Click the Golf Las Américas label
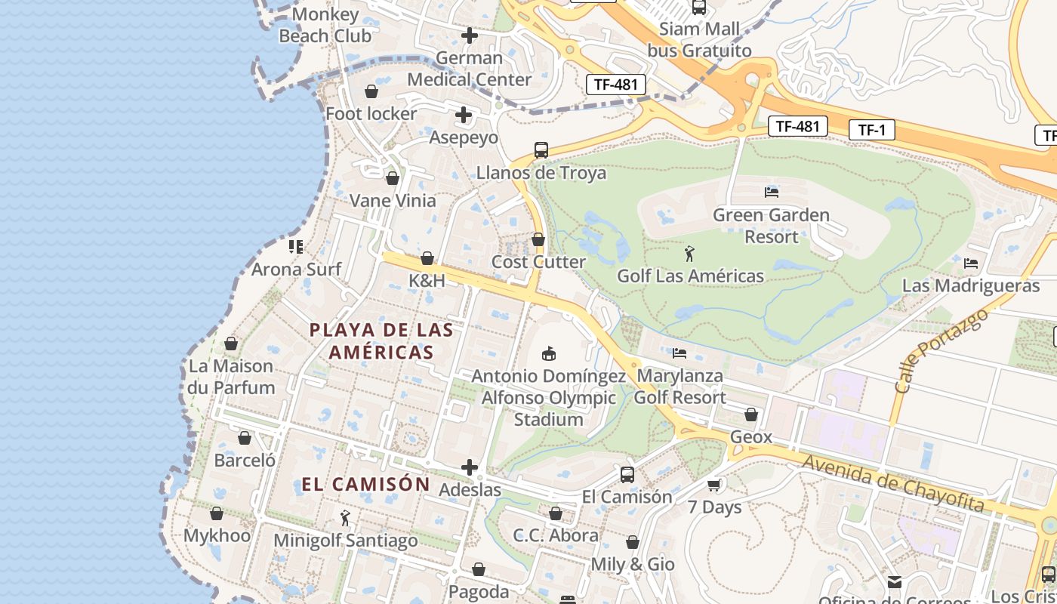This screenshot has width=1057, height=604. [690, 276]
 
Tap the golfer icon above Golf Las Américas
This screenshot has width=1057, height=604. [689, 254]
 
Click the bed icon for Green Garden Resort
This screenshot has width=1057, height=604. [771, 193]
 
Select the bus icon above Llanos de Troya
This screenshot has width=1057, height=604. [541, 150]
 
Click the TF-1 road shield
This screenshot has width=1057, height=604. [871, 130]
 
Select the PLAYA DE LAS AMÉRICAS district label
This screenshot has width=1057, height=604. [382, 341]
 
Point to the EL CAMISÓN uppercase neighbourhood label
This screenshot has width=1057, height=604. [365, 485]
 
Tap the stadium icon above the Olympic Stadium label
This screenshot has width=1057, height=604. [549, 353]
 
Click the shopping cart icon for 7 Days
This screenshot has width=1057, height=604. [713, 485]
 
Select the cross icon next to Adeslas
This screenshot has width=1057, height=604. [469, 467]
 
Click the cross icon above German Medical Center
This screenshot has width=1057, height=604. [469, 35]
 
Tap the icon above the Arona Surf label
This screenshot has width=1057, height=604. [296, 246]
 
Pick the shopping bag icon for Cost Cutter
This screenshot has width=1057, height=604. [538, 240]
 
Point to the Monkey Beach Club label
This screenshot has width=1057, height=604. [325, 25]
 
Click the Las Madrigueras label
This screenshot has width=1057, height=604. [971, 286]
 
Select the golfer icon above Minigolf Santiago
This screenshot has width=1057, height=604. [345, 518]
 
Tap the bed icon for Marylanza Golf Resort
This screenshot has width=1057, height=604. [679, 353]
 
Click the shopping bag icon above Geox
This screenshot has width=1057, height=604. [750, 414]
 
